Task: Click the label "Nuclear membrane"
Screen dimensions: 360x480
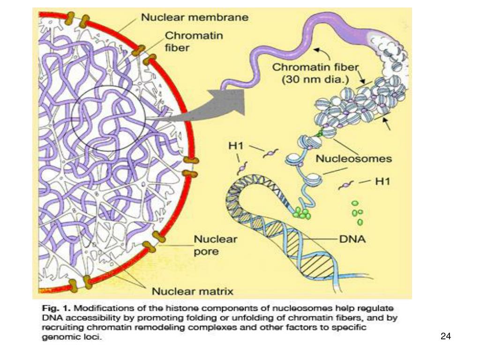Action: pyautogui.click(x=195, y=18)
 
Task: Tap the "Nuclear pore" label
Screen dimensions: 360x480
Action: pyautogui.click(x=215, y=245)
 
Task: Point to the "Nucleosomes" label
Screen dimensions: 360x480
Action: pyautogui.click(x=353, y=158)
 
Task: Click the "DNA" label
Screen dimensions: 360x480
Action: pyautogui.click(x=352, y=240)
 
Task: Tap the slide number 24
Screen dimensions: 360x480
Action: pyautogui.click(x=446, y=336)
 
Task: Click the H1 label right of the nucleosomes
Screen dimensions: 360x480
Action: pyautogui.click(x=382, y=181)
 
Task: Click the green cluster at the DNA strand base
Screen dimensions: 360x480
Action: pyautogui.click(x=302, y=213)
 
